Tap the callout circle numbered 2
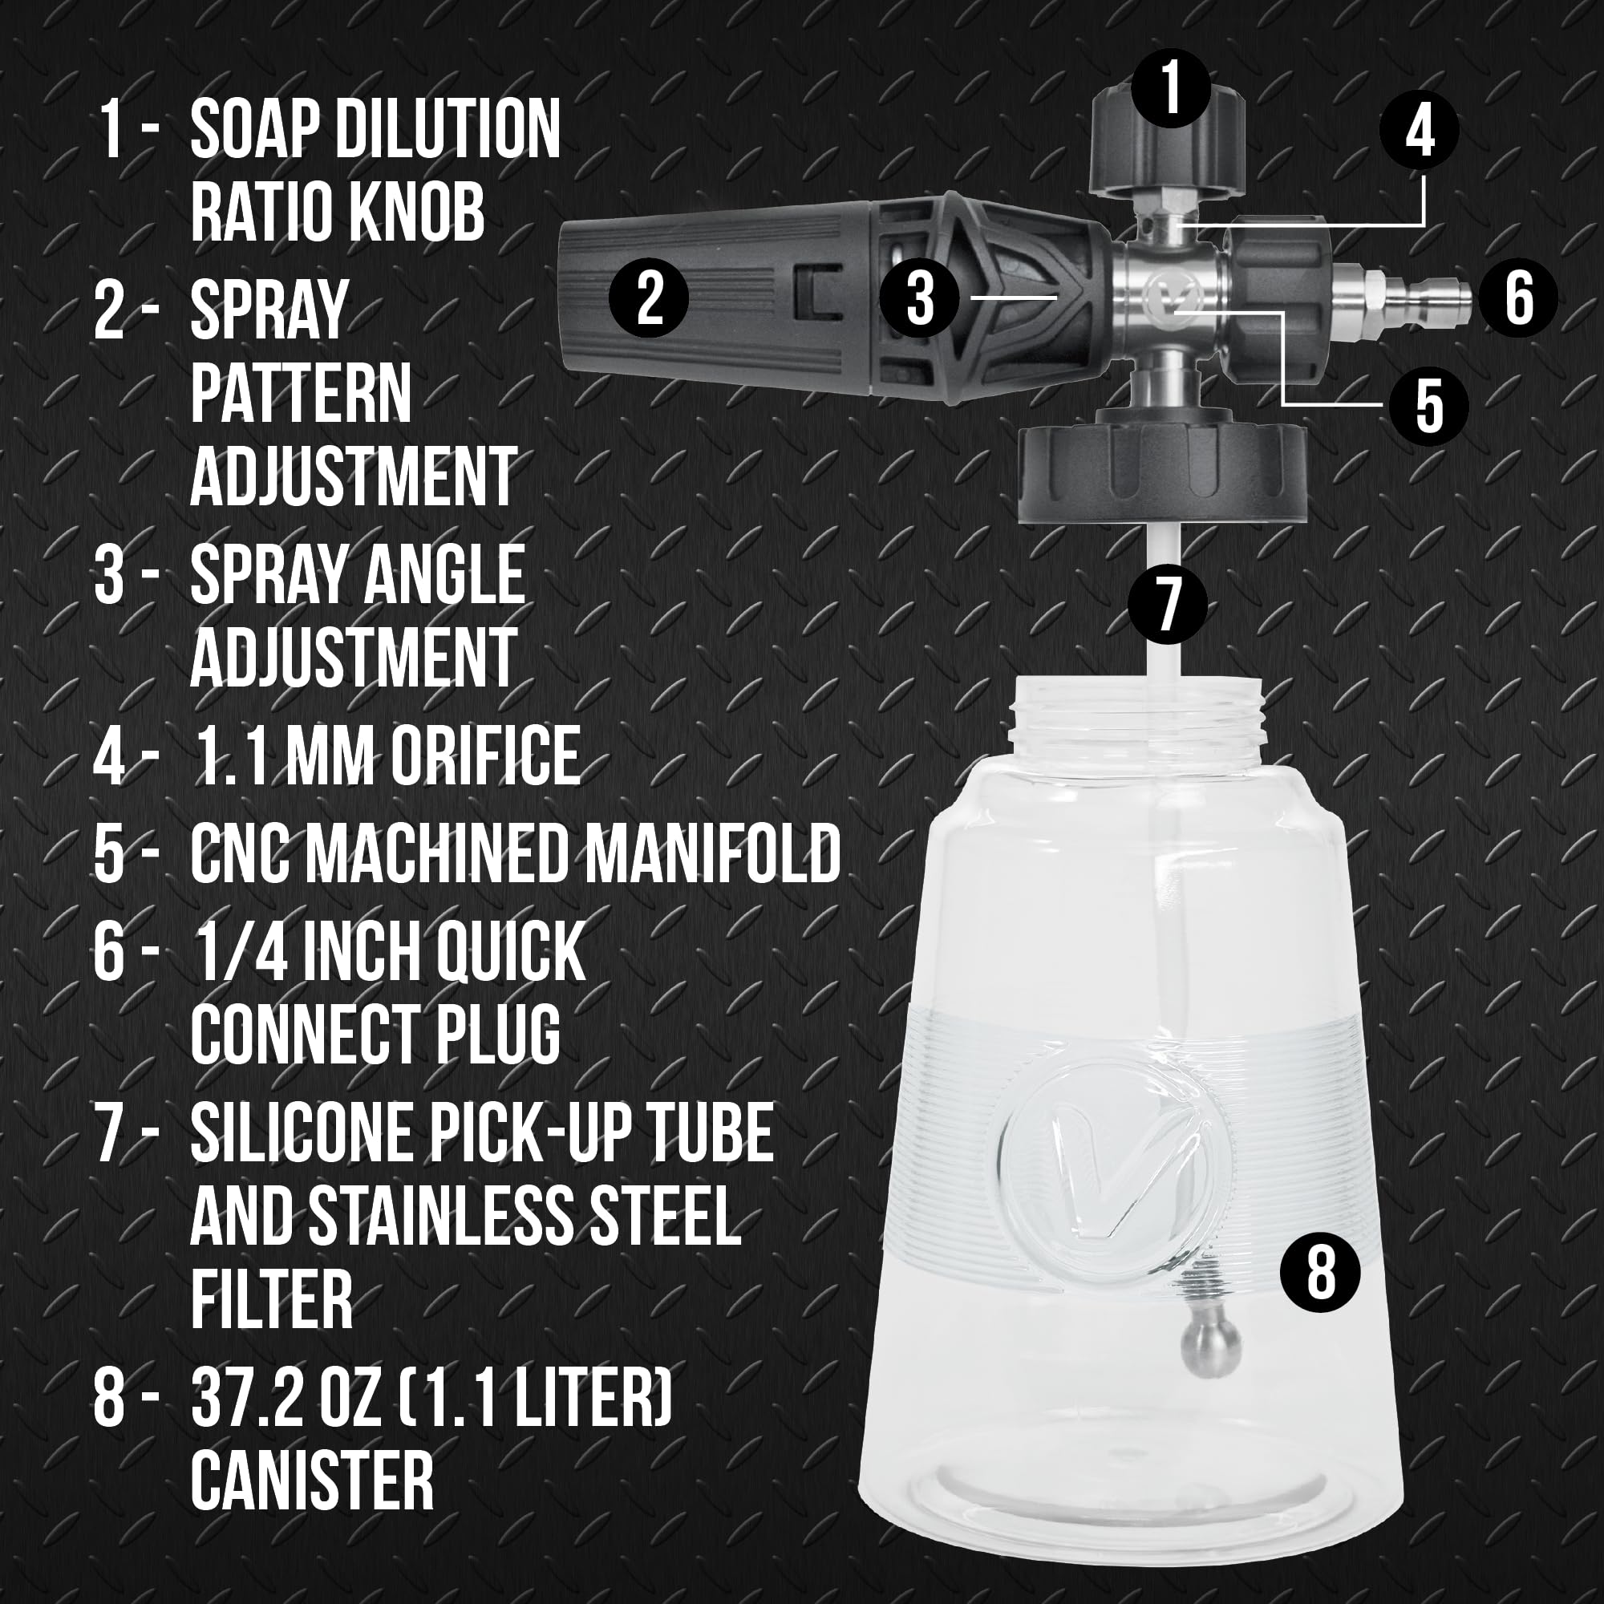650,298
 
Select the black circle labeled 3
920,298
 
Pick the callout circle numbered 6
1518,298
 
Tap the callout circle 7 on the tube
1167,603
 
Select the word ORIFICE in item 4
485,755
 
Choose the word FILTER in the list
272,1299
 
